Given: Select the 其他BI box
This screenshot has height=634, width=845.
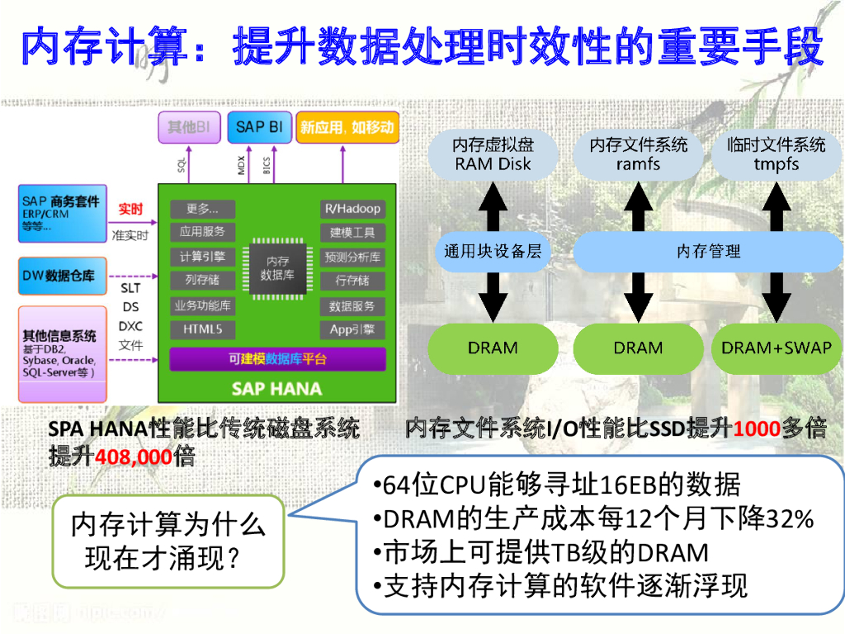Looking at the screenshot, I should click(x=191, y=127).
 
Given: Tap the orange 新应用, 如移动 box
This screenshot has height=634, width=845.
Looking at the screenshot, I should click(x=347, y=127).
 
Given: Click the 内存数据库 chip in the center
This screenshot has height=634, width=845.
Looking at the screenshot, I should click(x=277, y=268).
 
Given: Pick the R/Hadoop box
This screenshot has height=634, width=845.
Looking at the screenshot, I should click(x=352, y=209).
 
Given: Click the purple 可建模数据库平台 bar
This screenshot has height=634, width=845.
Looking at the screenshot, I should click(x=277, y=359).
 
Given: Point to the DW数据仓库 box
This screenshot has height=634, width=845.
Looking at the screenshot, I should click(x=63, y=276).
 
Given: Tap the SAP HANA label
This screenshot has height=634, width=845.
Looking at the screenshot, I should click(x=277, y=387).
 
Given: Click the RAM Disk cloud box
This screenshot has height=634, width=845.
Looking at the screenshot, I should click(x=493, y=154).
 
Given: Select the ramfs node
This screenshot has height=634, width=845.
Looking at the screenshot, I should click(x=638, y=154).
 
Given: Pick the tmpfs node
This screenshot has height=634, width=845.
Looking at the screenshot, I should click(x=777, y=154).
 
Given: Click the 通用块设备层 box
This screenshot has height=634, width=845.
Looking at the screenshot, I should click(x=493, y=251).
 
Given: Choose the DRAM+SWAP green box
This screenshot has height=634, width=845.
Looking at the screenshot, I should click(x=777, y=348).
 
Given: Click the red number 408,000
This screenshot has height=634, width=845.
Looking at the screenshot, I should click(x=135, y=457).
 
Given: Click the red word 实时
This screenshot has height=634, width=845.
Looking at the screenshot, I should click(x=130, y=209).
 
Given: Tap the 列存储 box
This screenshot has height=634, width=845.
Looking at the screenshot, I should click(x=202, y=281).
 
